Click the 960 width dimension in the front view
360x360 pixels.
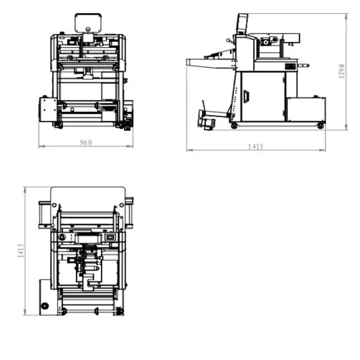tap(86, 142)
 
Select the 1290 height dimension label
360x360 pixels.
tap(342, 71)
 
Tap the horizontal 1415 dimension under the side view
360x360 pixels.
tap(256, 147)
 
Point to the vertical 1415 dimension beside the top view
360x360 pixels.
tap(21, 250)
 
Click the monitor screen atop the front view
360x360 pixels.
tap(88, 23)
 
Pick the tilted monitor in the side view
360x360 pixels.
tap(242, 24)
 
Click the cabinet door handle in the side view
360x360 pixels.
tap(246, 96)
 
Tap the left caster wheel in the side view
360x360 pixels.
tap(234, 126)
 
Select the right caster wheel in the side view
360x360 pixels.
tap(320, 126)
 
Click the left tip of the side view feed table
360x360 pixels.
tap(186, 62)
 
